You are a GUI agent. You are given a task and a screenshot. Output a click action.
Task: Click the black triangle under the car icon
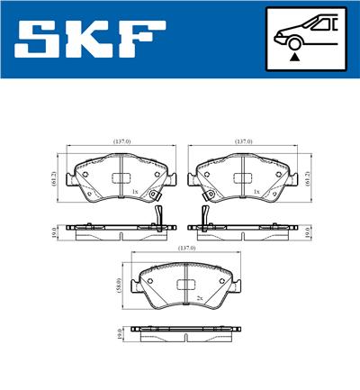(x=294, y=56)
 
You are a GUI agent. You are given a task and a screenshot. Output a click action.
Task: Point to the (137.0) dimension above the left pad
(x=121, y=142)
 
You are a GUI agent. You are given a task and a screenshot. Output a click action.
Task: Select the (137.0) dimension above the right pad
(x=242, y=142)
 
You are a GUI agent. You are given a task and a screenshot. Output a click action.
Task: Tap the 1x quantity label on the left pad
(x=134, y=192)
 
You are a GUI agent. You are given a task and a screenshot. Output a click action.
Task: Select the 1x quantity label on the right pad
(x=256, y=192)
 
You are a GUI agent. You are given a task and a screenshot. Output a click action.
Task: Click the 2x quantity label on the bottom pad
(x=197, y=296)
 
